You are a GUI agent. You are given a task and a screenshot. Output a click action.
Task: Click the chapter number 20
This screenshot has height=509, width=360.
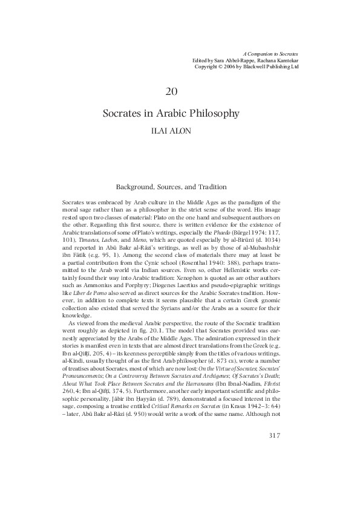(171, 91)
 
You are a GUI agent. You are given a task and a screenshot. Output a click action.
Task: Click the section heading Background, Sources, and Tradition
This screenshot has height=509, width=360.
(171, 187)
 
